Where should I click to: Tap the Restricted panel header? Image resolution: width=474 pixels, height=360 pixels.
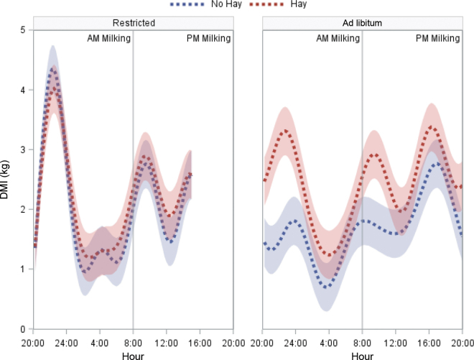(133, 23)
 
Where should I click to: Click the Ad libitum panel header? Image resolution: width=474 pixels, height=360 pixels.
(362, 23)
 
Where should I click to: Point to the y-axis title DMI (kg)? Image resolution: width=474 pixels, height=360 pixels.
(7, 180)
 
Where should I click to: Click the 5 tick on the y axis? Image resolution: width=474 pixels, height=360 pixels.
(24, 30)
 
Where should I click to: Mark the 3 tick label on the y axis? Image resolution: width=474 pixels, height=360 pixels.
(24, 149)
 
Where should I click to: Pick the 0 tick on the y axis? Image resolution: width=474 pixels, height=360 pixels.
(24, 329)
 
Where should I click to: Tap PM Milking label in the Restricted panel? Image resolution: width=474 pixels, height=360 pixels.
(205, 39)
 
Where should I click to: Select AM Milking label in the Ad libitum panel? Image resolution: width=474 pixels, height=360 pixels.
(338, 39)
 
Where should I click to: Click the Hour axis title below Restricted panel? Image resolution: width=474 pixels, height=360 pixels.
(133, 355)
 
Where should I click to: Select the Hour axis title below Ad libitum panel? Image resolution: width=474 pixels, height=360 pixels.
(362, 355)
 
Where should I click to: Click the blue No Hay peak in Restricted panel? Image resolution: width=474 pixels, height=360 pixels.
(52, 69)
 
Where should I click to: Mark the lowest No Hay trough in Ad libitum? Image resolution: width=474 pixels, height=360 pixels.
(328, 287)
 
